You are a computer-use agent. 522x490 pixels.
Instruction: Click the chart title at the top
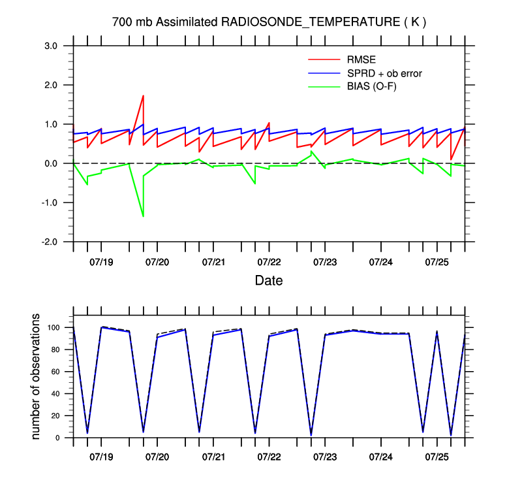269,22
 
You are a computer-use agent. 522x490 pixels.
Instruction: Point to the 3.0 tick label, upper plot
52,46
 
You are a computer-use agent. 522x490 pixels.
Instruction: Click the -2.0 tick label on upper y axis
50,242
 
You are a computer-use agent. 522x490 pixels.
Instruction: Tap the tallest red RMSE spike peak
143,96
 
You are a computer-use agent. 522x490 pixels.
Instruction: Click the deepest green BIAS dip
143,216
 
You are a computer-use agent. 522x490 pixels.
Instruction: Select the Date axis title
269,281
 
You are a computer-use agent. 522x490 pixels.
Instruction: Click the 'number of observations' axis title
37,376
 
